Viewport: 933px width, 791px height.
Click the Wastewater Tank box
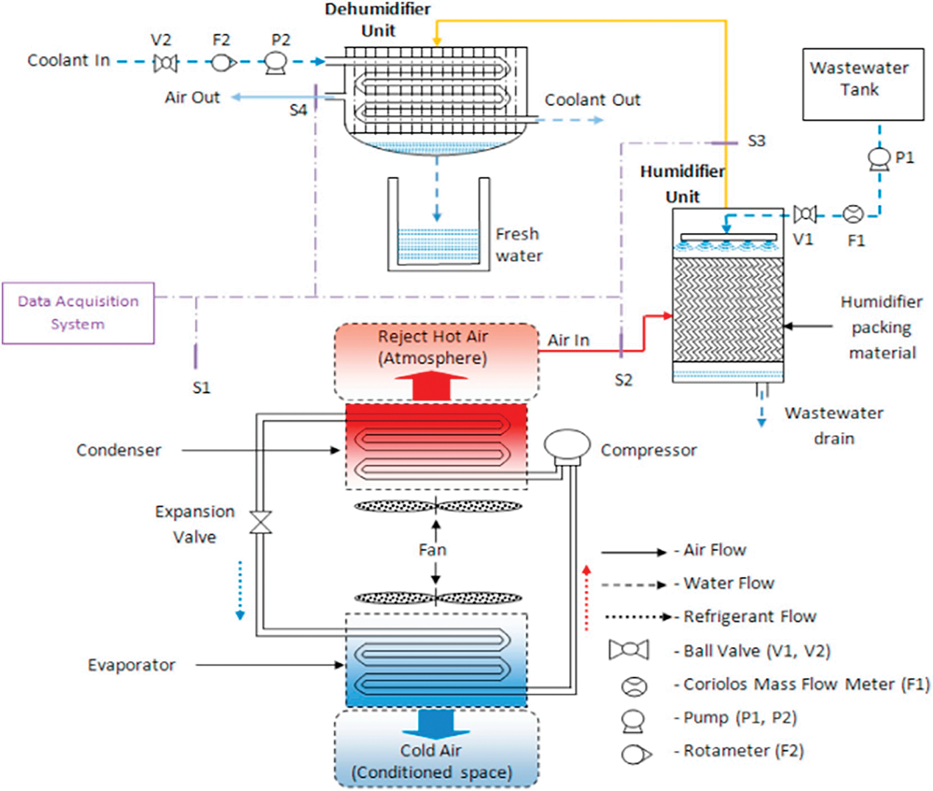coord(863,84)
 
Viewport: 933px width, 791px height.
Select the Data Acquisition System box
coord(78,313)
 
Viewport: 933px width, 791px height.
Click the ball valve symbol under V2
coord(165,63)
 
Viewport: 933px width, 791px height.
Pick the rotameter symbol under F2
coord(223,63)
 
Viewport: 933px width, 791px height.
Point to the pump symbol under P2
coord(275,63)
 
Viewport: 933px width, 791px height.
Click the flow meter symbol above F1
coord(853,214)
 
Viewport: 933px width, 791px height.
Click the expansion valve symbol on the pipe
coord(260,522)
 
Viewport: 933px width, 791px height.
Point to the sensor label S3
coord(756,141)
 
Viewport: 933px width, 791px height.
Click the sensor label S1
coord(201,387)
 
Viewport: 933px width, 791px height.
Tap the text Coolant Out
coord(593,100)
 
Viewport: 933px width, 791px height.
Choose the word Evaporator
coord(131,665)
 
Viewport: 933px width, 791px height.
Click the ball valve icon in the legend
coord(628,650)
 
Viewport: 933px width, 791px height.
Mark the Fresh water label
coord(519,245)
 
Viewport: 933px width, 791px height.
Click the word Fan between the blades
coord(432,550)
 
